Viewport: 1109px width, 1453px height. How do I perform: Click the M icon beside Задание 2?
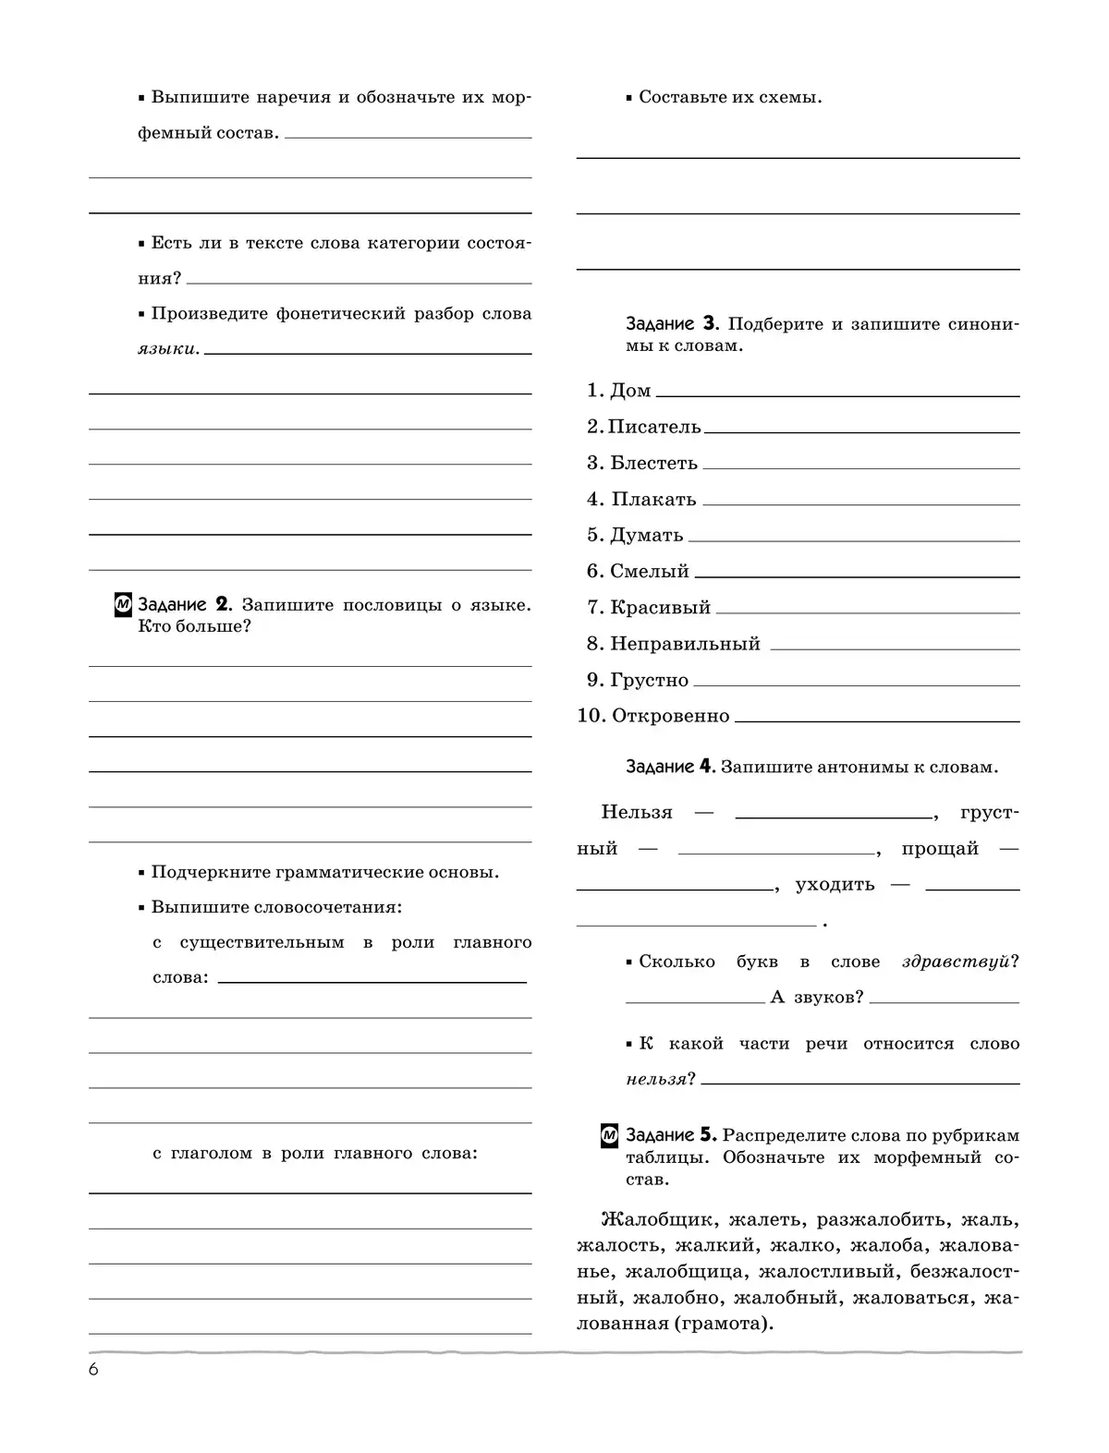pyautogui.click(x=123, y=605)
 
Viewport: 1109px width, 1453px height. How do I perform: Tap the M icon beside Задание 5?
pyautogui.click(x=610, y=1135)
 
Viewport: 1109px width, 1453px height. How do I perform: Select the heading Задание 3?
pyautogui.click(x=671, y=324)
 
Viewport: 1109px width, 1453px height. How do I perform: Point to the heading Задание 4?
pyautogui.click(x=671, y=767)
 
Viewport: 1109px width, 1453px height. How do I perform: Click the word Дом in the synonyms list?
pyautogui.click(x=631, y=391)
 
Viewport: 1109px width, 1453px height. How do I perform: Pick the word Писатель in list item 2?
pyautogui.click(x=655, y=427)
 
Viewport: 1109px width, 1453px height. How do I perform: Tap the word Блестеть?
pyautogui.click(x=654, y=463)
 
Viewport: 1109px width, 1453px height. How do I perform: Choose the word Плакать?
pyautogui.click(x=654, y=500)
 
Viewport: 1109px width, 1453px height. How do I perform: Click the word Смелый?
pyautogui.click(x=650, y=572)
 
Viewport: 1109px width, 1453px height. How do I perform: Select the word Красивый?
pyautogui.click(x=661, y=608)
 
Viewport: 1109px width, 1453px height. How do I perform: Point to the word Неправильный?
pyautogui.click(x=686, y=644)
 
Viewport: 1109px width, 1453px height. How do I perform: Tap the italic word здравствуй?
pyautogui.click(x=956, y=962)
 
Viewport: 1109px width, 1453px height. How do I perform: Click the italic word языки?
pyautogui.click(x=166, y=349)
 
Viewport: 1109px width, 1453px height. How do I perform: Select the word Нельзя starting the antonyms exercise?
pyautogui.click(x=637, y=812)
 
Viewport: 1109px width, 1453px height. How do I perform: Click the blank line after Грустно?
pyautogui.click(x=856, y=685)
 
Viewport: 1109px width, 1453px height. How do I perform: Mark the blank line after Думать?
pyautogui.click(x=854, y=540)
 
